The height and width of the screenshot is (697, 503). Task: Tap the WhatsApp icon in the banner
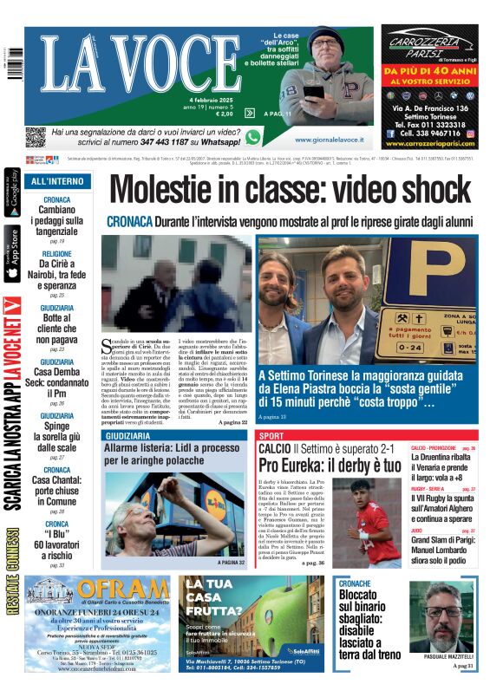click(x=252, y=137)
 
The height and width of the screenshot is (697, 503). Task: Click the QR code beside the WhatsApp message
click(x=35, y=137)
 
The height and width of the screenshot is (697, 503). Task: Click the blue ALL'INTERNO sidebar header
click(x=57, y=181)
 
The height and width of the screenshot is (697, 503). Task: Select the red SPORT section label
click(x=271, y=435)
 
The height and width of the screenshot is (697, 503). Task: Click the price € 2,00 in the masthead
click(x=224, y=114)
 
